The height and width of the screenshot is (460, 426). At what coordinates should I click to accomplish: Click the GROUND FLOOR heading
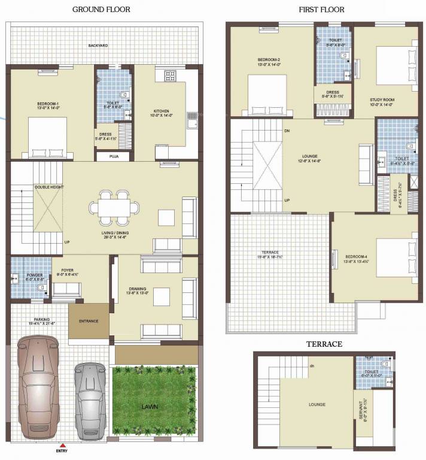(x=101, y=10)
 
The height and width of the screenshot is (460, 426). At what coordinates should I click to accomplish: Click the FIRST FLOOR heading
(x=321, y=10)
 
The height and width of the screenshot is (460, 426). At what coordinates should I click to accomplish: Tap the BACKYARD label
(x=98, y=46)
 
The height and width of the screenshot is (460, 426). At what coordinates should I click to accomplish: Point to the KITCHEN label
(x=161, y=111)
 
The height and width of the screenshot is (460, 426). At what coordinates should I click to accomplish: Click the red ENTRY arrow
(x=57, y=445)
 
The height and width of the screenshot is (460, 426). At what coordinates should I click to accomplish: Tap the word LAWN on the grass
(x=150, y=407)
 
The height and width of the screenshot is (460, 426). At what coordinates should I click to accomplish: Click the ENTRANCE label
(x=88, y=321)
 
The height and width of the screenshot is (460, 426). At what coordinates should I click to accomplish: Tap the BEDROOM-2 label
(x=269, y=60)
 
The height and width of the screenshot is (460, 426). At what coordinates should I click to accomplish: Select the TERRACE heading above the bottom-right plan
(x=324, y=344)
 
